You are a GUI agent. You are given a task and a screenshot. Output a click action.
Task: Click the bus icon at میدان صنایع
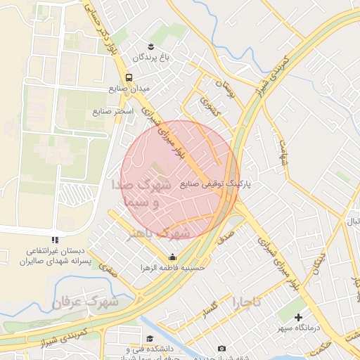click(x=128, y=77)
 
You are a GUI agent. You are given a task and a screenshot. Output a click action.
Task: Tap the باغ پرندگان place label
click(x=149, y=56)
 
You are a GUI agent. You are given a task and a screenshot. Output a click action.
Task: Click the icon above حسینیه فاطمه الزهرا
click(x=173, y=257)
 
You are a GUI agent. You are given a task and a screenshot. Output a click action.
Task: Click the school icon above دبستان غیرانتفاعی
click(x=55, y=240)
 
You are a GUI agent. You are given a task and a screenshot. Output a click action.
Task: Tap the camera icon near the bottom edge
click(x=222, y=349)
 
